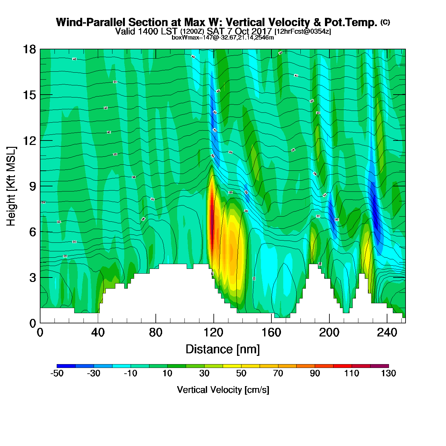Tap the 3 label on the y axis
click(x=32, y=277)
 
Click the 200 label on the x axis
click(x=329, y=333)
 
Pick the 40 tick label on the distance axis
click(x=98, y=333)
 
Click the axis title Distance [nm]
click(x=223, y=349)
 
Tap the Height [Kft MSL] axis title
click(x=11, y=186)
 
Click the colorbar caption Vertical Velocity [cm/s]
click(x=223, y=390)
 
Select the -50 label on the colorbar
click(x=57, y=373)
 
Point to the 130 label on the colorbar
click(x=388, y=373)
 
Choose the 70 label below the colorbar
click(x=278, y=373)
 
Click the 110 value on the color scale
click(x=352, y=373)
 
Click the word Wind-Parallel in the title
click(x=91, y=22)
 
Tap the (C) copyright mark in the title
click(x=385, y=22)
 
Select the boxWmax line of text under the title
click(x=223, y=37)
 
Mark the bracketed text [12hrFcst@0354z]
click(x=303, y=31)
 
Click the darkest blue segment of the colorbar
click(x=66, y=366)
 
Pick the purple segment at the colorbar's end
click(x=379, y=366)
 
